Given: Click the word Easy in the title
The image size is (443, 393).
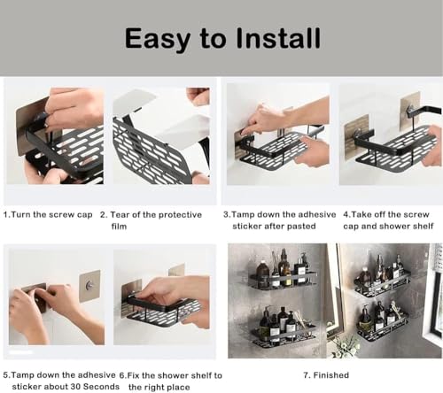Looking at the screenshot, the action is coord(157,39).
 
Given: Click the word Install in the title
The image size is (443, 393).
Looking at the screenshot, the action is coord(278,38).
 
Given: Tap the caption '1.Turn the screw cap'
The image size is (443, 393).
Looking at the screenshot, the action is coord(48,215).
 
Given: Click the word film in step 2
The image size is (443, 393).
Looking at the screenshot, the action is coord(119,227).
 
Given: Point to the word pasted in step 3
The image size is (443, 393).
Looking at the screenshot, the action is coord(301,227).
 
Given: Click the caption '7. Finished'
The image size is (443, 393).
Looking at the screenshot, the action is coord(326,375).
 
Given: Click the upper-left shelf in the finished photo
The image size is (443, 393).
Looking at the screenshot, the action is coord(283,280).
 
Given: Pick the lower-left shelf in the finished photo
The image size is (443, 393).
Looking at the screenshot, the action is coord(284,335).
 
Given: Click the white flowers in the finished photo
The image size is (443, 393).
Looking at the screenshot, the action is coord(343,345).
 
